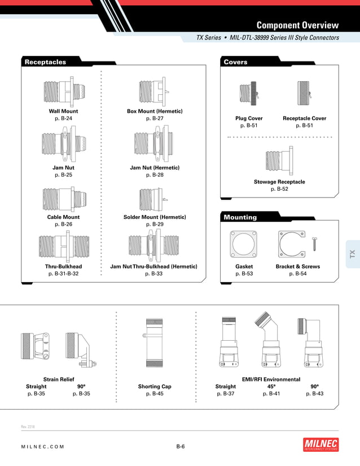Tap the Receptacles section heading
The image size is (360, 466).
coord(45,62)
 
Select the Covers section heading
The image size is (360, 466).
coord(235,62)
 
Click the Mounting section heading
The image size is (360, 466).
coord(240,217)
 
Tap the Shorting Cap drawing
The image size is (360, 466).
coord(155,345)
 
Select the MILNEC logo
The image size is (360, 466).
coord(321,445)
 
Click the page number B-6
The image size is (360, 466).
coord(180,446)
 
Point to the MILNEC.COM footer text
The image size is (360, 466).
coord(43,447)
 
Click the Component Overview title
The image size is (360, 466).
coord(297,25)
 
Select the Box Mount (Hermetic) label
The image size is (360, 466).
coord(155,111)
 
